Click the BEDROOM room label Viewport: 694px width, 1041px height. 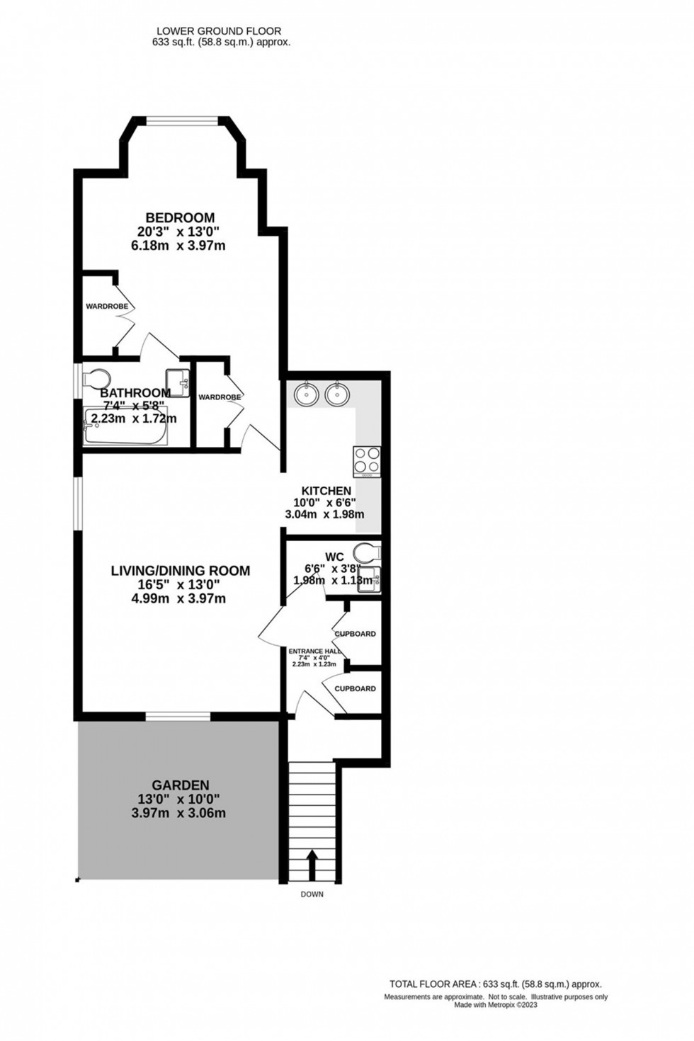point(180,217)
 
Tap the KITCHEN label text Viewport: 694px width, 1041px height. point(326,491)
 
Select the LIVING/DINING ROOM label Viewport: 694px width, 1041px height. point(180,570)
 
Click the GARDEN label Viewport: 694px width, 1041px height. point(180,785)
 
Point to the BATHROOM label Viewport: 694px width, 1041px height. point(135,393)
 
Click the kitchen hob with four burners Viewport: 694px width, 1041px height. point(366,460)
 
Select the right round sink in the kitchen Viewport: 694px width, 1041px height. point(337,394)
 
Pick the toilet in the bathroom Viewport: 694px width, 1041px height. point(95,378)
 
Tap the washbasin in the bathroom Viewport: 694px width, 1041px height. point(178,382)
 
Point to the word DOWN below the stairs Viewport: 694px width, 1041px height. point(312,894)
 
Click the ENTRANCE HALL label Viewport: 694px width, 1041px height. point(314,652)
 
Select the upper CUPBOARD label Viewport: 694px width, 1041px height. point(355,634)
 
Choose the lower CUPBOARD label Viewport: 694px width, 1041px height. point(355,688)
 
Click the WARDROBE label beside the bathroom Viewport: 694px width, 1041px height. point(220,397)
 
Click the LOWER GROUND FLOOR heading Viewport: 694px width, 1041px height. point(218,31)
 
